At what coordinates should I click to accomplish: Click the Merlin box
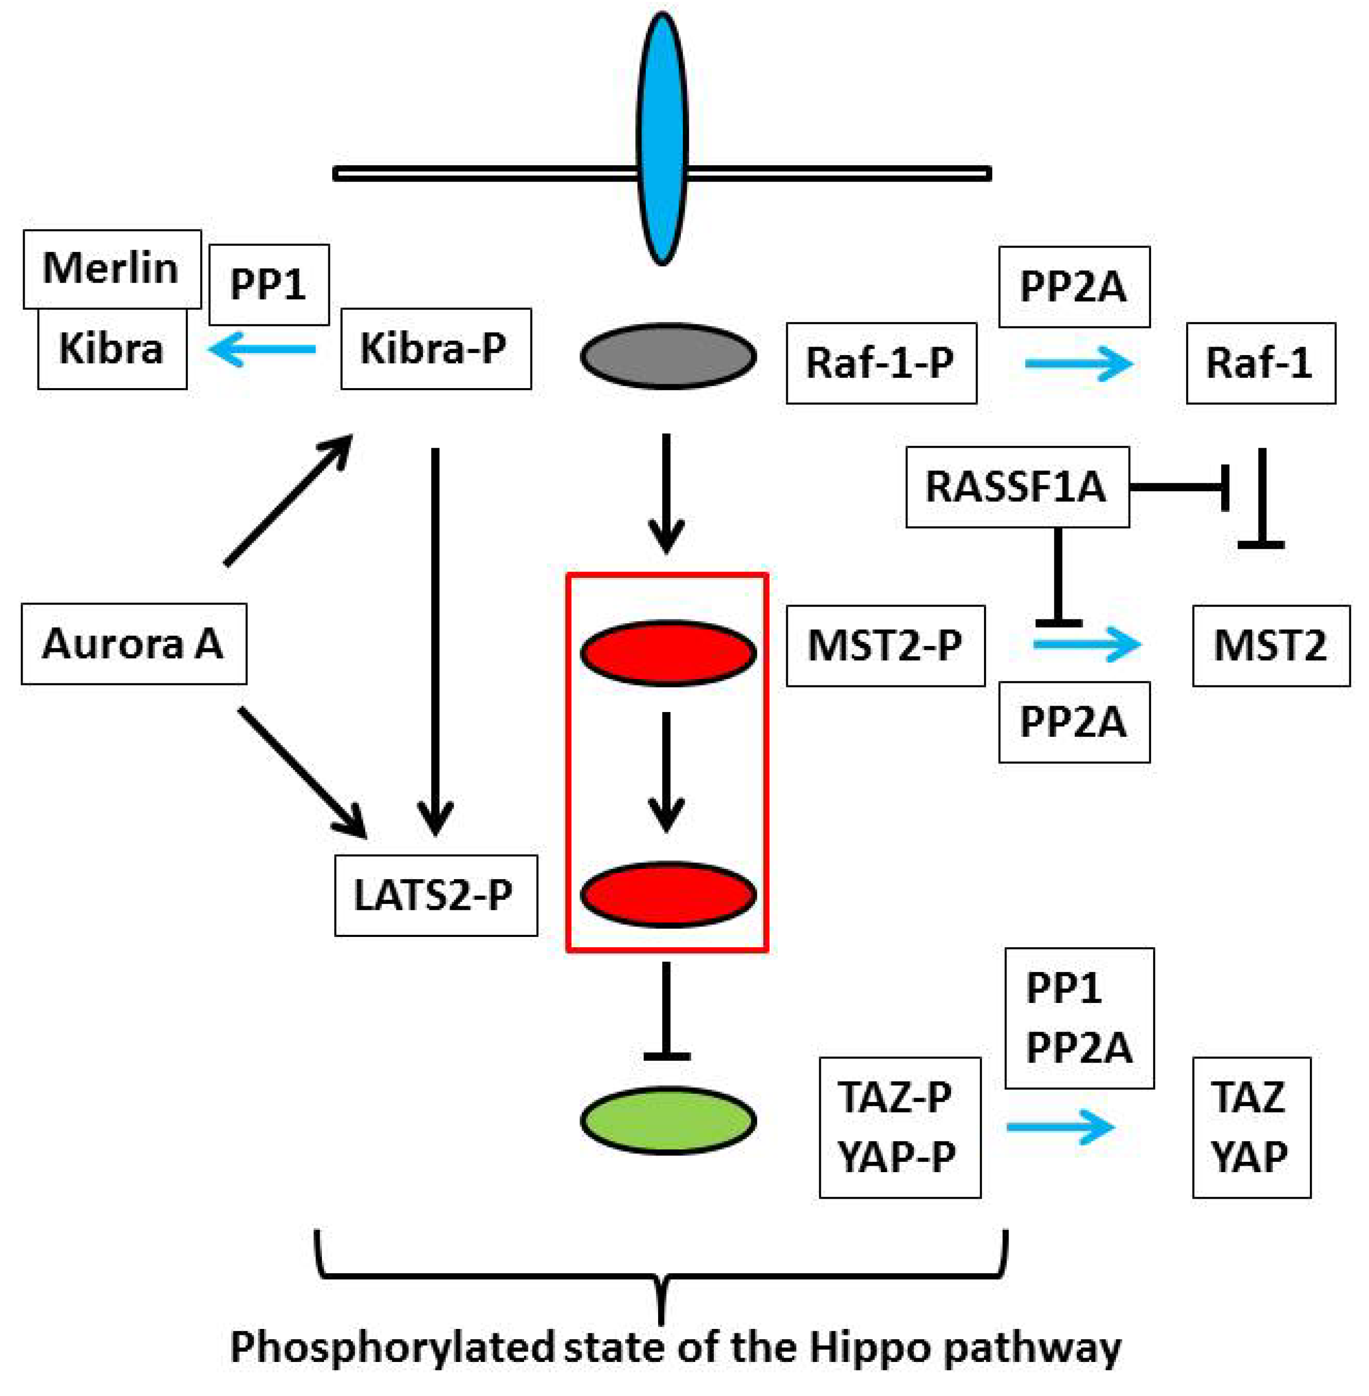tap(112, 269)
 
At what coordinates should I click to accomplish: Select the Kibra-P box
tap(436, 349)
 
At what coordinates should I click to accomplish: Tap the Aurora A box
tap(134, 643)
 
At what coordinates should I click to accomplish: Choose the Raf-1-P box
tap(881, 363)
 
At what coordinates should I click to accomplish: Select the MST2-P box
tap(885, 645)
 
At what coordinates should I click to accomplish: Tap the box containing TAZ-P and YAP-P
tap(900, 1127)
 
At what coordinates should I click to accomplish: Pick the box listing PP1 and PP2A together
tap(1079, 1018)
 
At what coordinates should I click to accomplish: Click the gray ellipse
tap(668, 356)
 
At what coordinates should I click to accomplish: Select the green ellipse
tap(668, 1120)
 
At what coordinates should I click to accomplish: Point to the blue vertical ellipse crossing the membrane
tap(662, 138)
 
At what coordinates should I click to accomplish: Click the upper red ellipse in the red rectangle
tap(668, 652)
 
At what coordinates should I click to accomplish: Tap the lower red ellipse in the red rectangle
tap(668, 894)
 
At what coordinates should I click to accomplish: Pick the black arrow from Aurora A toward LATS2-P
tap(303, 773)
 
